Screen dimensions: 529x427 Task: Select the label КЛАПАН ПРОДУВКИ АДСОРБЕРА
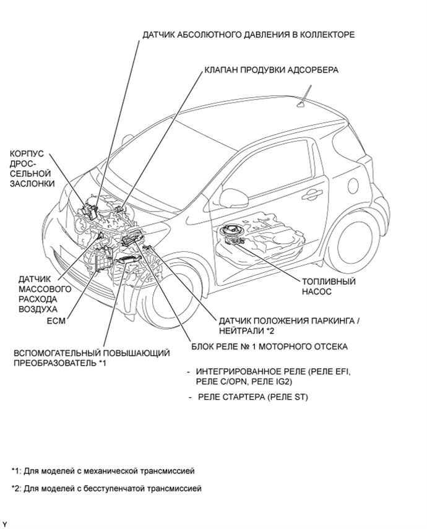(x=271, y=70)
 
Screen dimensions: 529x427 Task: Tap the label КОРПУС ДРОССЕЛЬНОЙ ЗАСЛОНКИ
(x=32, y=168)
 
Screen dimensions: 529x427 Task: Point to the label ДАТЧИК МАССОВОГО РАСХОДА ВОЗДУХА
(x=36, y=294)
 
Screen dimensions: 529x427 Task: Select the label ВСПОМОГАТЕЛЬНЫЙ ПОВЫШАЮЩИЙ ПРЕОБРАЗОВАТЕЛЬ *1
(x=92, y=358)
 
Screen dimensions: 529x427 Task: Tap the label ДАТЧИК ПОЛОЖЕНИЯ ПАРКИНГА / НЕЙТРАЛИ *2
(x=288, y=326)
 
